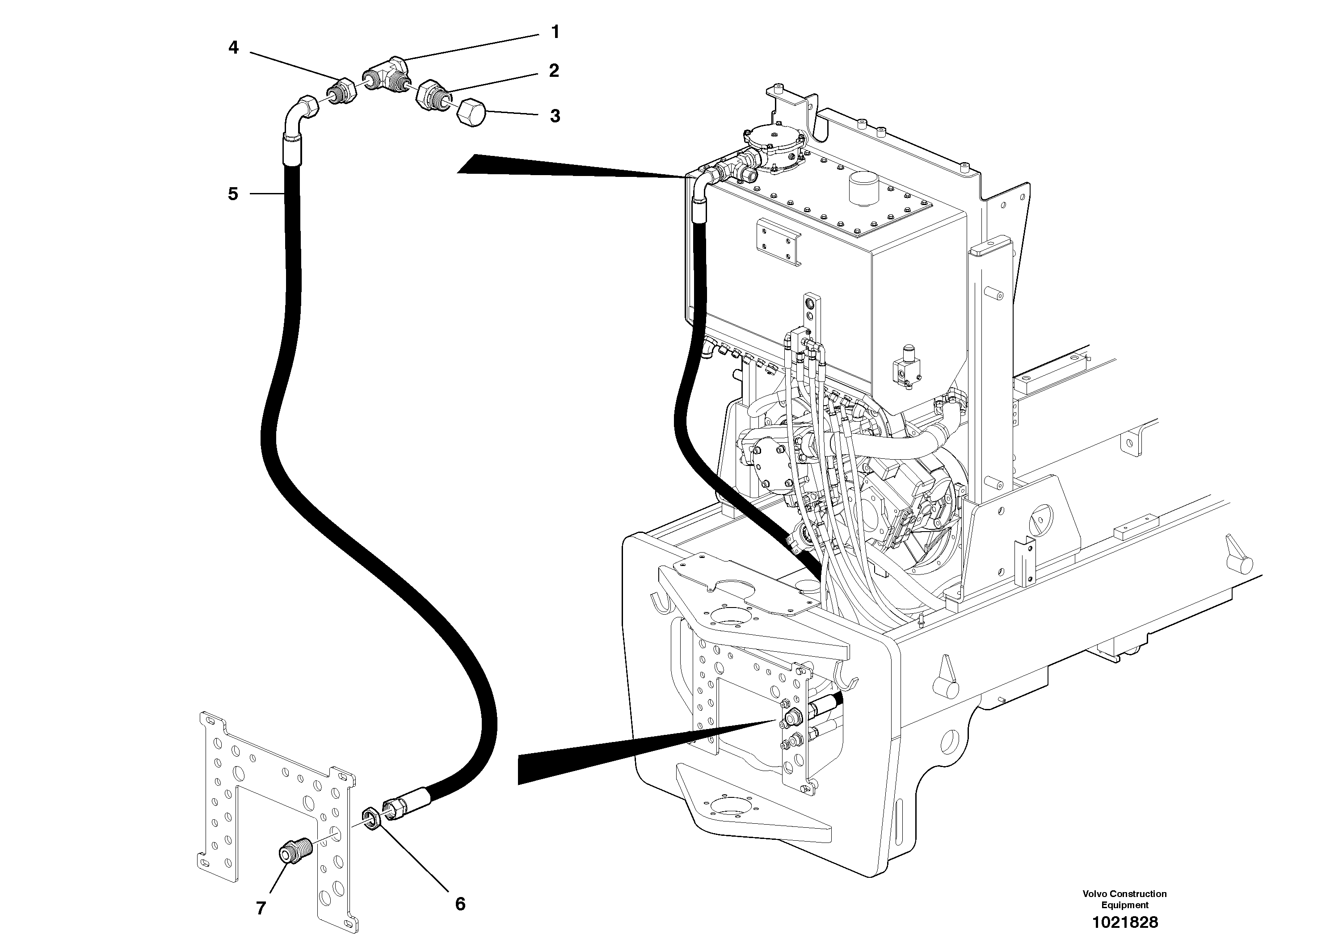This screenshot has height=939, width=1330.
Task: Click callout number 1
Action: point(555,33)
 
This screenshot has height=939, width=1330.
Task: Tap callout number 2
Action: point(554,71)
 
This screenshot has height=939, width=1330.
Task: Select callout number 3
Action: point(555,116)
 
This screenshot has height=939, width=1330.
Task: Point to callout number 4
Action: point(233,47)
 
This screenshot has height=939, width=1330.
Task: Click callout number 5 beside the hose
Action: point(233,194)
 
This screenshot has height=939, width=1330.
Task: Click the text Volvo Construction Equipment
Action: point(1124,899)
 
